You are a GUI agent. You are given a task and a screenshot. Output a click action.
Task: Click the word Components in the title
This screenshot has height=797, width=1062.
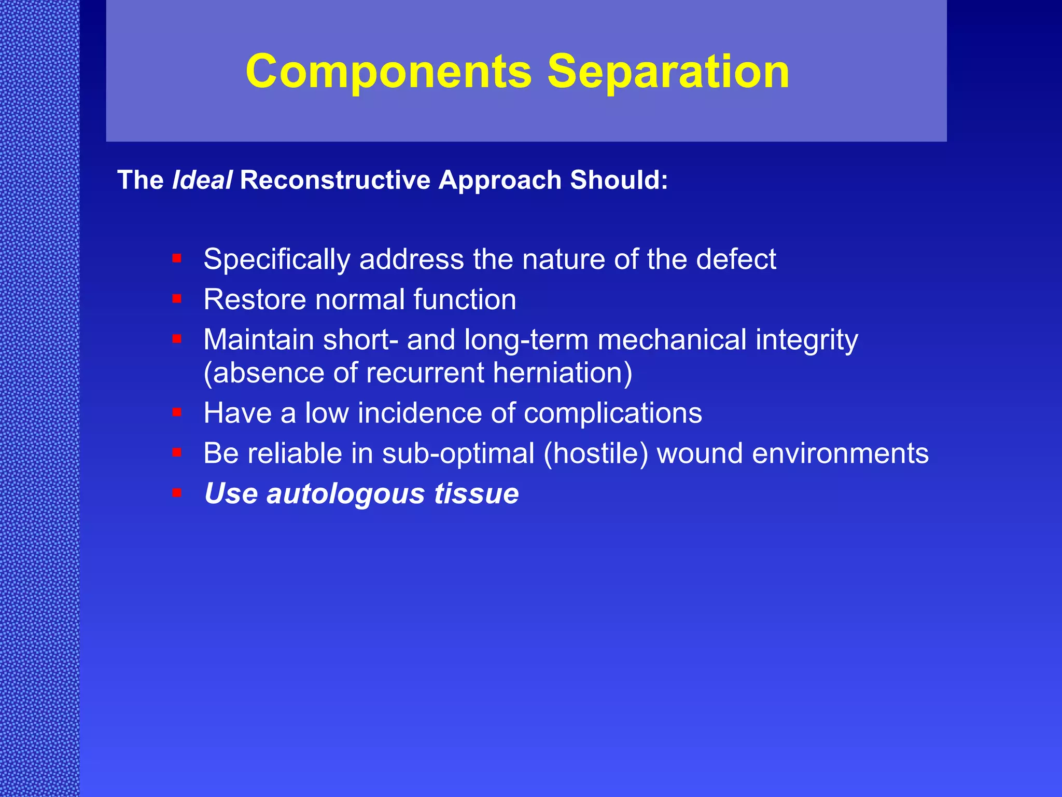tap(389, 72)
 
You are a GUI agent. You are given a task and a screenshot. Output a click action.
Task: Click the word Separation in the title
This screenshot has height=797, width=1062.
tap(668, 72)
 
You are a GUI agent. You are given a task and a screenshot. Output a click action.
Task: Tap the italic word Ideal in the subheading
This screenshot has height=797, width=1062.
tap(202, 181)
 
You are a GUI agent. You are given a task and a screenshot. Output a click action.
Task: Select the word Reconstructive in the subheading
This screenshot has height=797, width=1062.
tap(335, 181)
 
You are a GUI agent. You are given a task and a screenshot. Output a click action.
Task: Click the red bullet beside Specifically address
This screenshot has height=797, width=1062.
tap(177, 258)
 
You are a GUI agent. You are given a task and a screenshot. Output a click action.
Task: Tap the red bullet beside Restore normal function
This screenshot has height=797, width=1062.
tap(177, 298)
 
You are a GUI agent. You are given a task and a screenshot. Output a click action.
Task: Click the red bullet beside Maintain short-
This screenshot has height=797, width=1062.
tap(177, 339)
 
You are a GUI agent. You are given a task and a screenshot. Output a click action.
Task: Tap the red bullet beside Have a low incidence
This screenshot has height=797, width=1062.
tap(177, 412)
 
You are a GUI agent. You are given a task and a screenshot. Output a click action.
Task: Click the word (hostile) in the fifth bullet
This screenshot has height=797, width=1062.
tap(596, 454)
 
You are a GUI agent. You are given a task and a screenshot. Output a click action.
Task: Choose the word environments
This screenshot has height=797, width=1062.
tap(840, 454)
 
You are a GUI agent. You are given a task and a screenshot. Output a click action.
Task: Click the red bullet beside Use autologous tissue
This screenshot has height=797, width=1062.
tap(177, 492)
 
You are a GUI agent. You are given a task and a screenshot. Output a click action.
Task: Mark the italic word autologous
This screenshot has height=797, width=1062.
tap(345, 494)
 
